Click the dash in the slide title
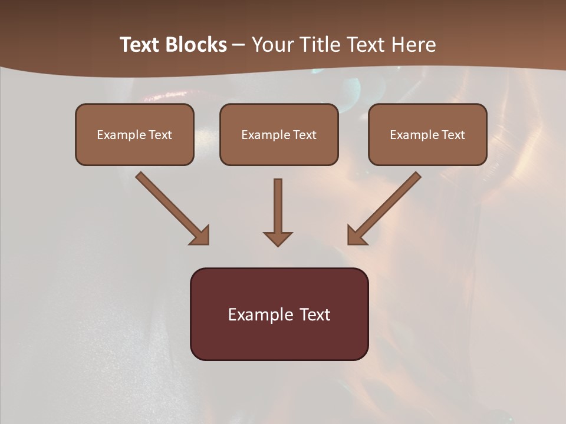(x=239, y=45)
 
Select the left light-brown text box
(x=134, y=134)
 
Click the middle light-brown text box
(x=279, y=134)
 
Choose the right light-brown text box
(x=427, y=134)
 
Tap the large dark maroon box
(x=279, y=314)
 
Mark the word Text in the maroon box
(x=315, y=314)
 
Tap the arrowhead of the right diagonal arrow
(x=356, y=236)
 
